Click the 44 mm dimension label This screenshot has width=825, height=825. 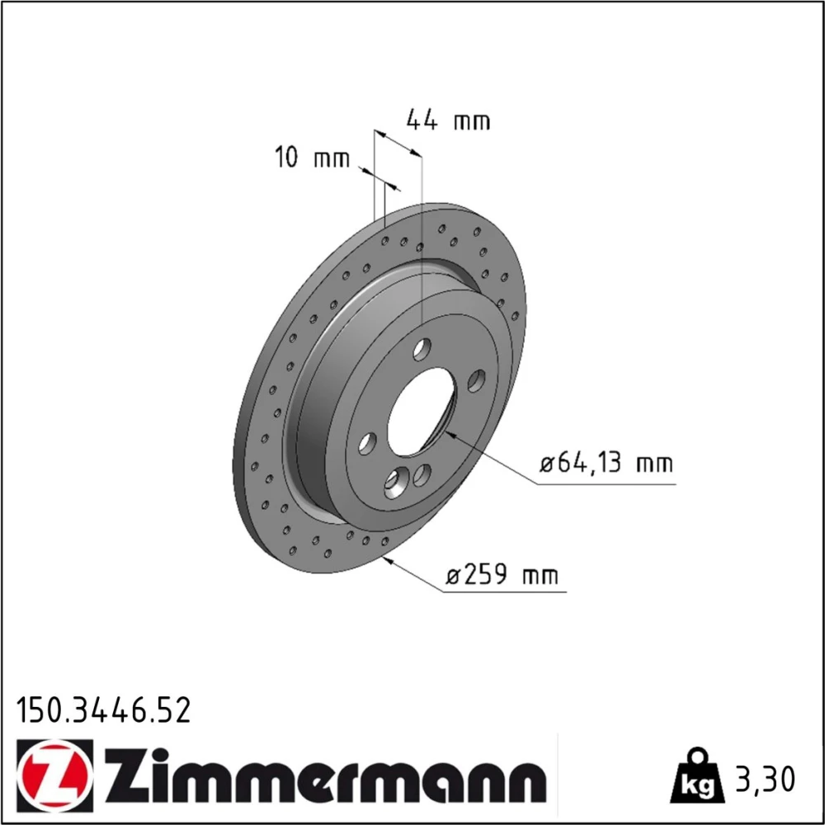click(x=448, y=120)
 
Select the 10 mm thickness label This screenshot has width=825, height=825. click(x=312, y=158)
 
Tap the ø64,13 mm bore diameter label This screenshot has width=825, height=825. click(x=606, y=463)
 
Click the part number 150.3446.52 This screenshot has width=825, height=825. click(x=103, y=711)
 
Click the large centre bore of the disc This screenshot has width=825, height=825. click(x=421, y=412)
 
